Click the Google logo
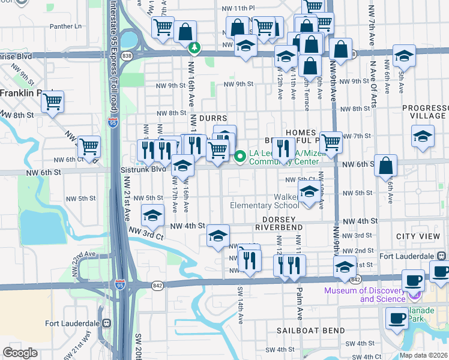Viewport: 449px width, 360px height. coord(20,353)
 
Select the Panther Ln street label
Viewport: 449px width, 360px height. coord(65,26)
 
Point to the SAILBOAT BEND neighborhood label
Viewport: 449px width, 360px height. coord(310,331)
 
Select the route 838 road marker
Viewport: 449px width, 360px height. coord(127,55)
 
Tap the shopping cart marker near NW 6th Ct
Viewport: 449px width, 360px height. coord(89,146)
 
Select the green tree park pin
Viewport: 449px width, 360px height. coord(193,47)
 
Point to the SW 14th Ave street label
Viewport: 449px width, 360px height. coord(240,306)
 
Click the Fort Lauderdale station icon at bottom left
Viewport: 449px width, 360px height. coord(107,323)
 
